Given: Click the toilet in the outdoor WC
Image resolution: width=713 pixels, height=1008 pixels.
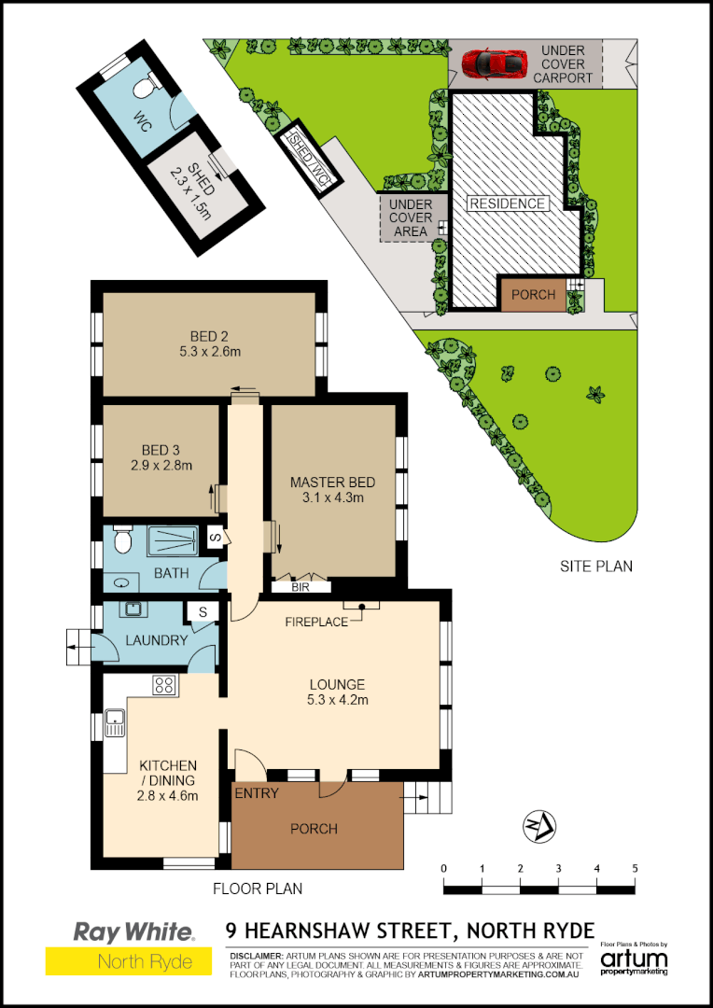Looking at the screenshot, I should coord(143,88).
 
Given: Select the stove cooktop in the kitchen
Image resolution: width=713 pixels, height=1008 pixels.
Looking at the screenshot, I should coord(164,686).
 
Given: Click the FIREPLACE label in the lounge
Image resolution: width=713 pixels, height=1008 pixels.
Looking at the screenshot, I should coord(315,621).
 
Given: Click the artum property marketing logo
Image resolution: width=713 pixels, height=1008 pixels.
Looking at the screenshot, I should coord(634,960).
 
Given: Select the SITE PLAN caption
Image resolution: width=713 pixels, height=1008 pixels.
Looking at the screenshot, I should coord(596,566).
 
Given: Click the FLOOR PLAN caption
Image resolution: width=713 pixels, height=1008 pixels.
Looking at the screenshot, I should coord(258,889).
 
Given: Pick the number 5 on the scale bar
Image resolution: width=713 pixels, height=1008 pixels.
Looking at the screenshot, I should coord(635,869).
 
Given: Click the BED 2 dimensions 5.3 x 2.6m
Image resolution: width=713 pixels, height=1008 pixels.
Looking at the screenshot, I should coord(210,352).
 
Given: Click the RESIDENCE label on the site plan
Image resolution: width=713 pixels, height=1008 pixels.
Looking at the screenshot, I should coord(507,203).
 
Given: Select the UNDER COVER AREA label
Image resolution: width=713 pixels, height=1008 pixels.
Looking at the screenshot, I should coord(410,217).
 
